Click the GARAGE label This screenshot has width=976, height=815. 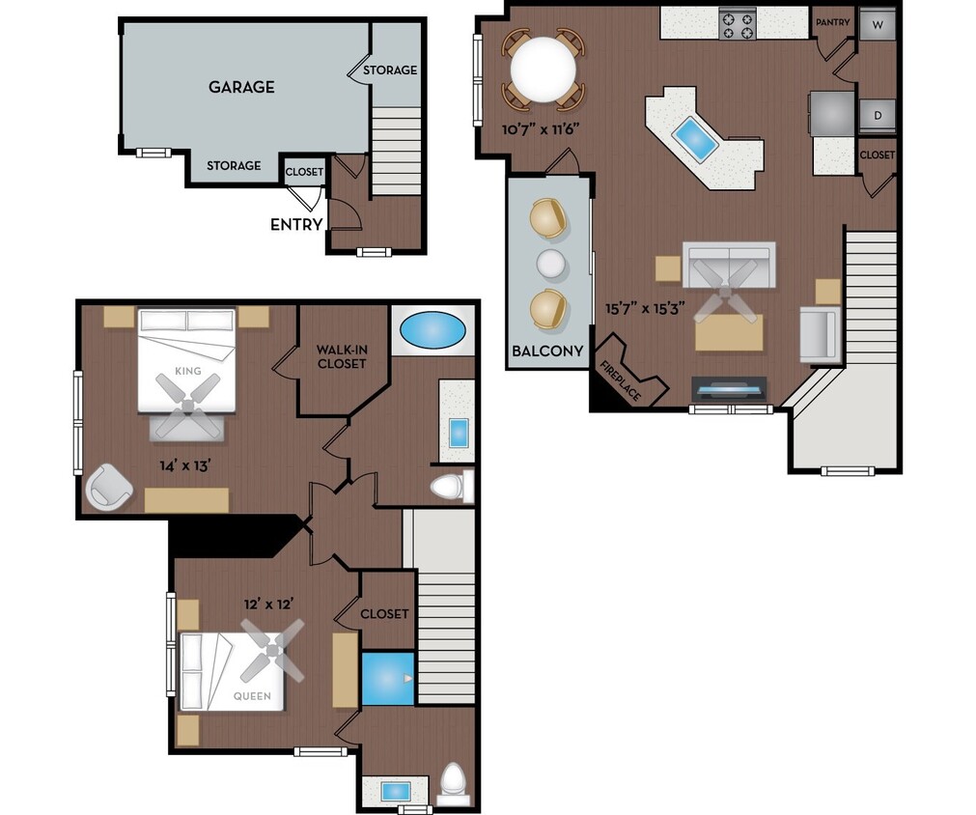pyautogui.click(x=241, y=87)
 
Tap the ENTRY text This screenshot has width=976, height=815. pyautogui.click(x=296, y=225)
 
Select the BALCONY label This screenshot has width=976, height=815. pyautogui.click(x=548, y=351)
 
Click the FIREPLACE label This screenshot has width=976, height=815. pyautogui.click(x=621, y=379)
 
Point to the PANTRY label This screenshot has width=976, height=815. pyautogui.click(x=832, y=22)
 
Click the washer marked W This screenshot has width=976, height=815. pyautogui.click(x=878, y=23)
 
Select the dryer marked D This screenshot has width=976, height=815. pyautogui.click(x=878, y=116)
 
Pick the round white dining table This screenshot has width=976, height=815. pyautogui.click(x=544, y=70)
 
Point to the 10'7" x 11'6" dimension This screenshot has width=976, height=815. pyautogui.click(x=540, y=127)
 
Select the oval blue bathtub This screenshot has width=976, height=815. pyautogui.click(x=432, y=330)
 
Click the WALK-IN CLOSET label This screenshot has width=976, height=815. pyautogui.click(x=342, y=356)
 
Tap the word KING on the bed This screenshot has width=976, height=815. pyautogui.click(x=188, y=371)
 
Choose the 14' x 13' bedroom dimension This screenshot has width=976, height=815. pyautogui.click(x=185, y=465)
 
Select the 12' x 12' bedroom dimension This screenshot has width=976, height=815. pyautogui.click(x=267, y=604)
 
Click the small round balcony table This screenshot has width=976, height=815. pyautogui.click(x=550, y=263)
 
